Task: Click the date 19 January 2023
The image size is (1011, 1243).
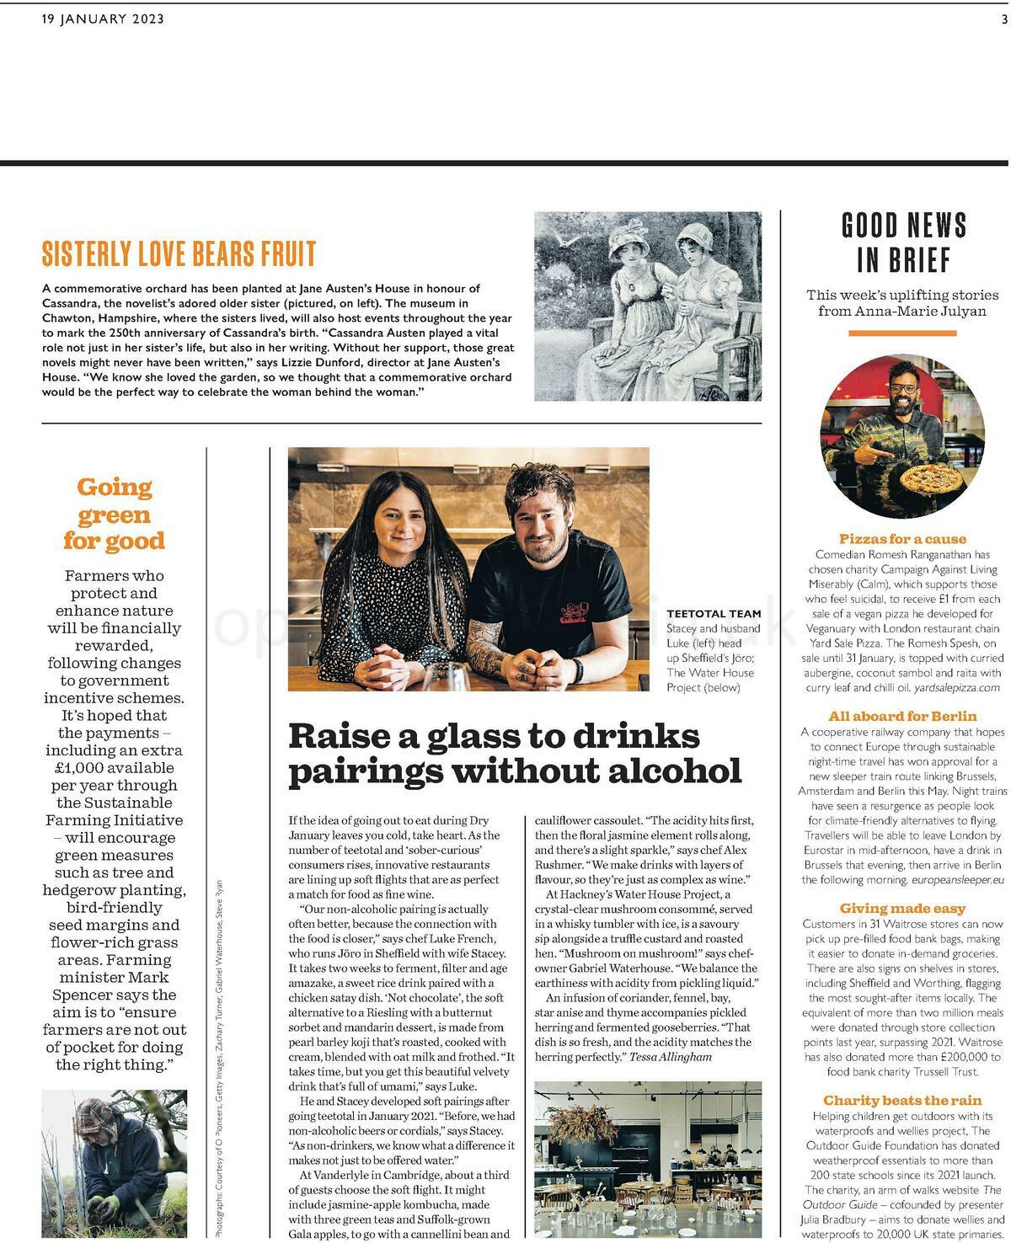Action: tap(103, 19)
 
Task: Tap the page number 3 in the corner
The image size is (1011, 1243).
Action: tap(1004, 19)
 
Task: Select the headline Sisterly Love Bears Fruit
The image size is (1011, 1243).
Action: tap(179, 253)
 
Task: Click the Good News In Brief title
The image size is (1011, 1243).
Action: tap(903, 243)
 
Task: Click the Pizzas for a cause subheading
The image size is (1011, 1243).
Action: tap(902, 539)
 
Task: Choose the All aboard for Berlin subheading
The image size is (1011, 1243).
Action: tap(902, 717)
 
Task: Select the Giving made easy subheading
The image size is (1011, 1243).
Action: tap(902, 909)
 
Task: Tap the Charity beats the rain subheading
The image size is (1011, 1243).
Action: tap(902, 1101)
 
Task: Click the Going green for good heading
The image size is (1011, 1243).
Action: tap(114, 514)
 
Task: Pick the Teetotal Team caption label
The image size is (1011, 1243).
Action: tap(714, 614)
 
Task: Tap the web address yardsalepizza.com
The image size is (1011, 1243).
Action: tap(955, 688)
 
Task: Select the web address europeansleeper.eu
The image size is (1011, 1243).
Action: tap(957, 880)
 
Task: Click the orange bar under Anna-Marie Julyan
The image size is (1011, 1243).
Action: tap(902, 333)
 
